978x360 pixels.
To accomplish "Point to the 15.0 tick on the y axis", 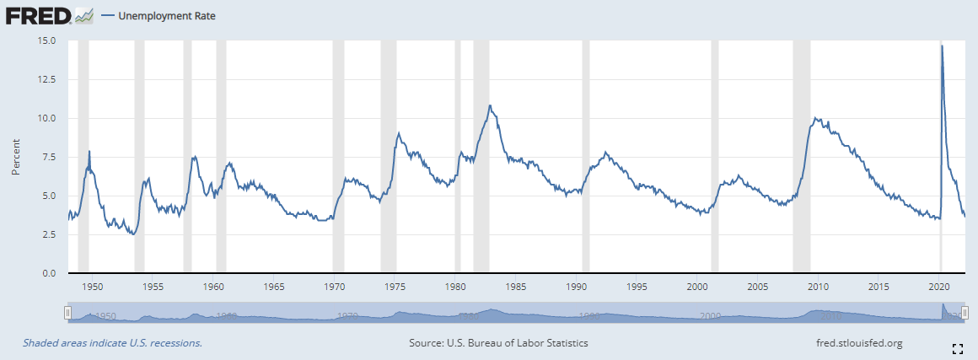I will [x=46, y=40].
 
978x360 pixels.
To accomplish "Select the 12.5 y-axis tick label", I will [x=46, y=79].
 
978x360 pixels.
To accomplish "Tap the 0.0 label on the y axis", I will [x=49, y=274].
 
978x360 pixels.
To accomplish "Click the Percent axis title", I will [x=16, y=157].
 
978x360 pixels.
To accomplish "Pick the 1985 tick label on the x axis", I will [x=516, y=287].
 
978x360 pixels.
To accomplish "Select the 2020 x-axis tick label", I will [x=939, y=287].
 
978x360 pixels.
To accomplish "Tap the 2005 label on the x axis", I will [x=758, y=287].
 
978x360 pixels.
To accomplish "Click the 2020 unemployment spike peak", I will [x=942, y=46].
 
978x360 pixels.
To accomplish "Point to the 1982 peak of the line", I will [x=490, y=105].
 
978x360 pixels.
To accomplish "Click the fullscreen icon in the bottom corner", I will [x=958, y=348].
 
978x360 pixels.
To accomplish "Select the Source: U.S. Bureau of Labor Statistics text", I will [x=498, y=343].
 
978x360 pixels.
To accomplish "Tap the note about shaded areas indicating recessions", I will [x=112, y=343].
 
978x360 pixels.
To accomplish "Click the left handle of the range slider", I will [x=68, y=314].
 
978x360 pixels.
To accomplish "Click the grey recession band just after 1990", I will [x=585, y=157].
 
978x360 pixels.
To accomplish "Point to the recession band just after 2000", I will [x=715, y=157].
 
